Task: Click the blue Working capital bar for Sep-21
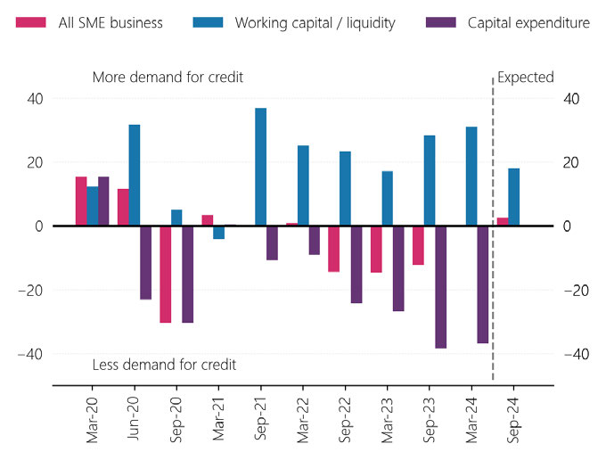(261, 167)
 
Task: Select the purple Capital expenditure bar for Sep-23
(440, 286)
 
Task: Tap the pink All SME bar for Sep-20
(166, 274)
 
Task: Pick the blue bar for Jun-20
(135, 175)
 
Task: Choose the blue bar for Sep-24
(514, 197)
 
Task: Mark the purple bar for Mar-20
(103, 201)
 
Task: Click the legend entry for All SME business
(89, 22)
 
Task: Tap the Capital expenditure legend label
(528, 22)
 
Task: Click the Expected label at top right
(526, 78)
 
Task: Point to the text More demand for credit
(168, 78)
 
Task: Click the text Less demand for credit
(164, 365)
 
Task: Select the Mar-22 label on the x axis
(304, 419)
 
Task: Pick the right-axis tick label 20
(571, 162)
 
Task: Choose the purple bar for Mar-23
(398, 268)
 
